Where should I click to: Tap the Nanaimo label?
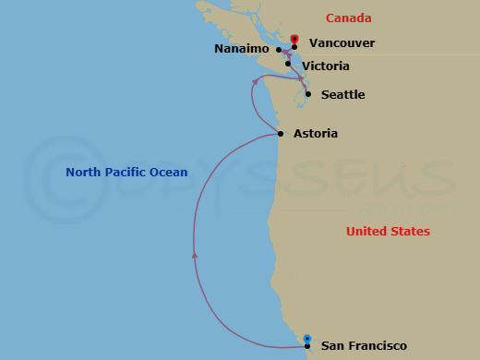[241, 48]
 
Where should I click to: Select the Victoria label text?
[326, 66]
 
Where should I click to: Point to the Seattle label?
[342, 95]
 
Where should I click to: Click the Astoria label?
[316, 134]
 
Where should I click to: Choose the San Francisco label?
[364, 346]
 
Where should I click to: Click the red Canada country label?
[349, 18]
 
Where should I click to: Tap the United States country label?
[388, 232]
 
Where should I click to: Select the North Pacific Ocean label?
[126, 173]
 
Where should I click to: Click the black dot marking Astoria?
[281, 134]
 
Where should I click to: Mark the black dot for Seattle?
[308, 95]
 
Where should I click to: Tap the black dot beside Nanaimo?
[279, 49]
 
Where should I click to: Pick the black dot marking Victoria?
[288, 65]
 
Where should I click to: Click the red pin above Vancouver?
[294, 39]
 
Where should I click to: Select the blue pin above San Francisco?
[307, 338]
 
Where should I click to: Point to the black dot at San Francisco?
[307, 346]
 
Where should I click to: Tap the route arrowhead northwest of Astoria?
[255, 82]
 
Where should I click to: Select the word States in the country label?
[409, 232]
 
